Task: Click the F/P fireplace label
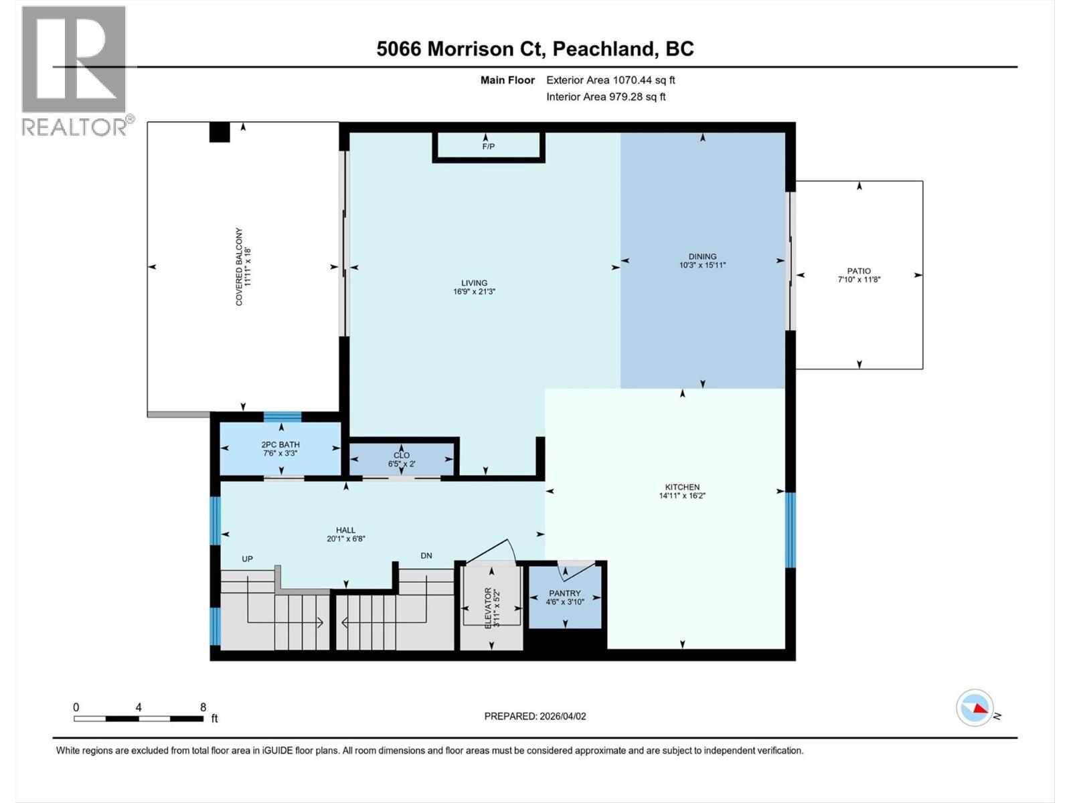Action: click(x=488, y=147)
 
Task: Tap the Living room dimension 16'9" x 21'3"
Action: click(x=474, y=292)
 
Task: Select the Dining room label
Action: click(x=702, y=256)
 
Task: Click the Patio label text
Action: click(x=859, y=271)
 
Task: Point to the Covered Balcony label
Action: click(x=239, y=266)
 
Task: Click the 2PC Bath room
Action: click(x=280, y=449)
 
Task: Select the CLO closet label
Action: click(x=402, y=455)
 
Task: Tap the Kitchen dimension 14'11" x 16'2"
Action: click(x=682, y=496)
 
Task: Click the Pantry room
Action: click(x=565, y=598)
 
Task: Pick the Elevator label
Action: click(x=488, y=607)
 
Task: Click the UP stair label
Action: click(x=247, y=559)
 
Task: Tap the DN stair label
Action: click(x=426, y=555)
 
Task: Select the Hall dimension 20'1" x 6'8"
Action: click(x=346, y=539)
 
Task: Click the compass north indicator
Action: click(x=975, y=708)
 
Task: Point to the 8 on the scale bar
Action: click(x=203, y=707)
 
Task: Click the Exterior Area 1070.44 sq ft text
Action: click(x=610, y=80)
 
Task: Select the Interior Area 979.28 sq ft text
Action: click(x=606, y=97)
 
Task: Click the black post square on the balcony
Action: click(x=220, y=132)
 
